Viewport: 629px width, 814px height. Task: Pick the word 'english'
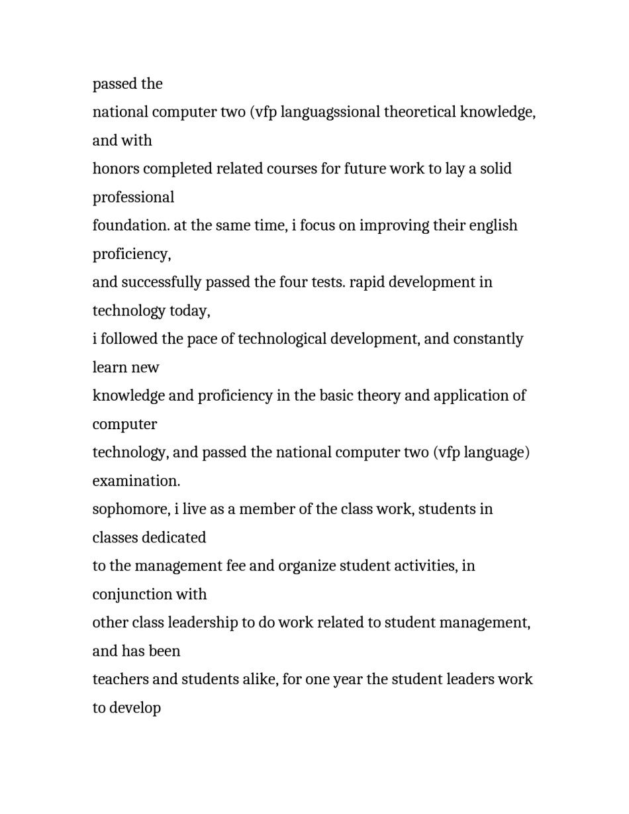pyautogui.click(x=493, y=226)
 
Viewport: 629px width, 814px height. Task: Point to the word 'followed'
pyautogui.click(x=128, y=339)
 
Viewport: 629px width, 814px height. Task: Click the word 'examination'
pyautogui.click(x=136, y=482)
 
